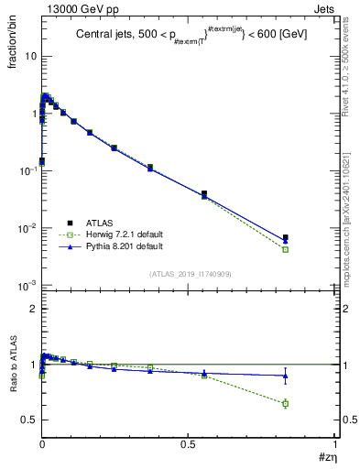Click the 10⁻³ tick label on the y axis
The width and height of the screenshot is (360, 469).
click(x=27, y=286)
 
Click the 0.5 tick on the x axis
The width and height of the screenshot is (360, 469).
click(x=189, y=444)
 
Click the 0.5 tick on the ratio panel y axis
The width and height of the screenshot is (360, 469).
click(x=29, y=420)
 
